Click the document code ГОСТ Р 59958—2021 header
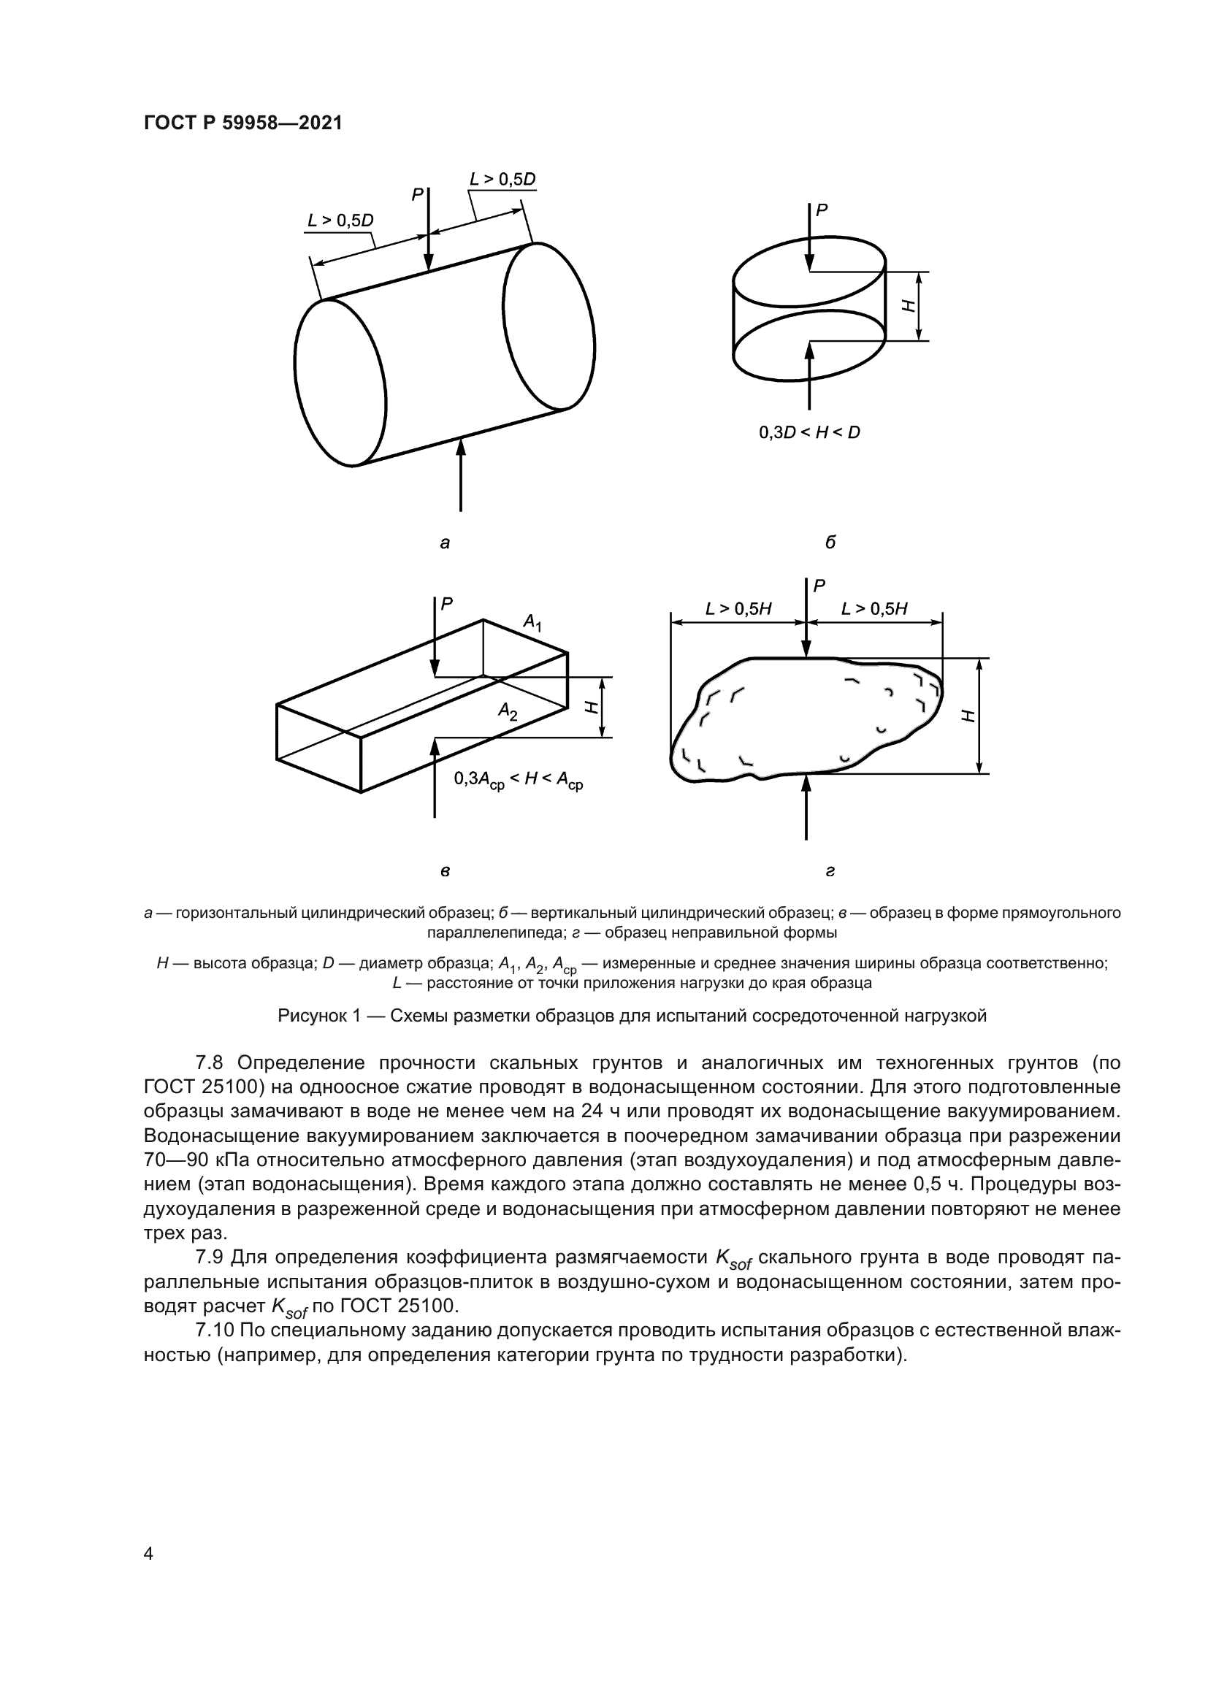point(242,123)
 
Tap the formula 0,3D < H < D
point(809,432)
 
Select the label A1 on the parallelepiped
point(532,622)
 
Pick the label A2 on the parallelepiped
point(508,712)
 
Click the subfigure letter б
point(830,543)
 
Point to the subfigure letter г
point(830,871)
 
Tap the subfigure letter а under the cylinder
point(445,543)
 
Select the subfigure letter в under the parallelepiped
point(445,871)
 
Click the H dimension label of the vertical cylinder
point(908,305)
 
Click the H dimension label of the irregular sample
point(967,716)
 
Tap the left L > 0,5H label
point(738,609)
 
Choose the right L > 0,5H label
point(874,609)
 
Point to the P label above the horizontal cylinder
point(417,195)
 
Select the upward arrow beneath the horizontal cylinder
point(461,476)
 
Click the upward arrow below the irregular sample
point(806,807)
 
